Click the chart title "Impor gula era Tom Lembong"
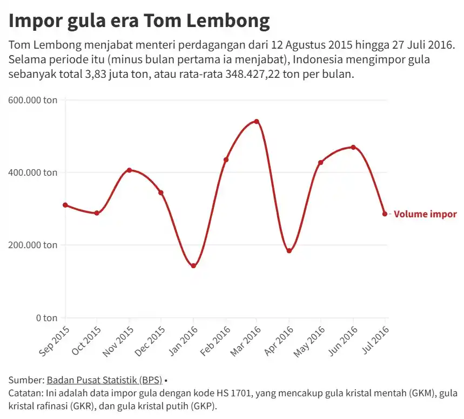point(139,21)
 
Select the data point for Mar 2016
point(257,121)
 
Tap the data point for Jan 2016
point(193,266)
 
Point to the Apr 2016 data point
point(289,251)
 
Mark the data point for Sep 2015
point(65,205)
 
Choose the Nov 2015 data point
point(129,170)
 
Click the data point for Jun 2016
point(353,147)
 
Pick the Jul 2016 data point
point(385,214)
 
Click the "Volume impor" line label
point(425,214)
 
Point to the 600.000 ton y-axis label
point(33,100)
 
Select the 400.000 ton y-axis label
point(33,173)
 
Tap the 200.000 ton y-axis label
point(33,245)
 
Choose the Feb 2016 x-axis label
point(215,341)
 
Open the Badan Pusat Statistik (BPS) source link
point(104,380)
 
